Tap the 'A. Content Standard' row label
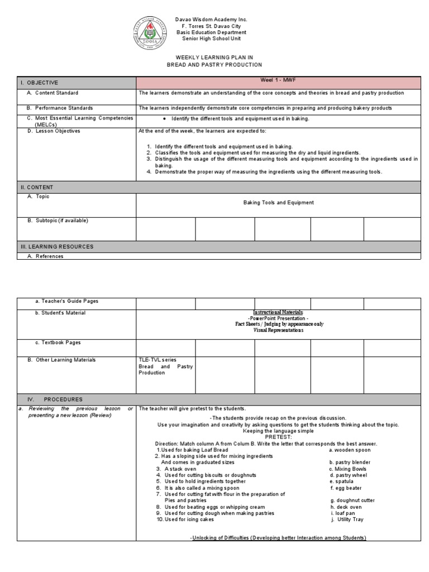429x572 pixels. click(53, 93)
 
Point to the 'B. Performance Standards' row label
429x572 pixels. click(60, 108)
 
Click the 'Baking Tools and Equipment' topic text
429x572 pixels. click(278, 203)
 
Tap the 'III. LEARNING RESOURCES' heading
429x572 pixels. click(57, 246)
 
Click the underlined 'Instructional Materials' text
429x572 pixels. click(278, 312)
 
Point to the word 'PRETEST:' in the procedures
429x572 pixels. click(278, 437)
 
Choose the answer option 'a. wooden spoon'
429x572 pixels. click(350, 450)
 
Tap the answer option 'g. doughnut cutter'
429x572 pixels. click(352, 500)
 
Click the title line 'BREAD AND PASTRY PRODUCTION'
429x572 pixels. click(214, 65)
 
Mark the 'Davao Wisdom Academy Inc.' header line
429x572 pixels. click(214, 20)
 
